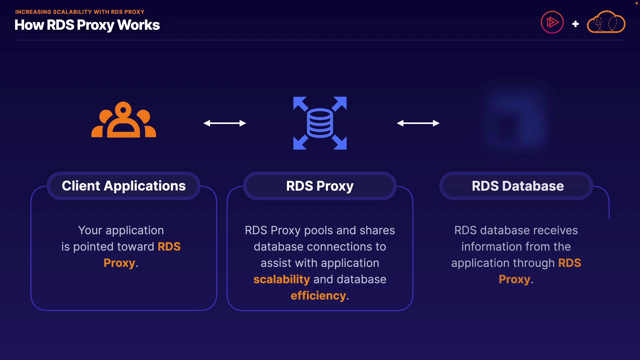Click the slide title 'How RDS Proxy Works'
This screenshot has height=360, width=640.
point(87,25)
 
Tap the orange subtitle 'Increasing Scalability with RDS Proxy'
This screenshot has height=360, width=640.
point(80,12)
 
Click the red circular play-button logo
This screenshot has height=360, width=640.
point(552,23)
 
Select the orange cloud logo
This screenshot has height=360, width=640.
point(606,23)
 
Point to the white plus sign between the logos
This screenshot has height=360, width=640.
point(575,24)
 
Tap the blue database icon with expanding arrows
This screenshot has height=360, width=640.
point(320,123)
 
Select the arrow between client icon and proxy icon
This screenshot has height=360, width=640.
point(225,123)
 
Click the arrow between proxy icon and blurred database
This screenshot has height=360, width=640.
point(418,123)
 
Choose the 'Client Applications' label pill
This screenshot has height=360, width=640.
point(124,186)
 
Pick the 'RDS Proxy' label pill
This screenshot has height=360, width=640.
point(320,186)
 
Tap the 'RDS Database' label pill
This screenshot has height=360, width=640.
point(518,186)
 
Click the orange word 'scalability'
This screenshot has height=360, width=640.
point(282,279)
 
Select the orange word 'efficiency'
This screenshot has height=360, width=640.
point(318,296)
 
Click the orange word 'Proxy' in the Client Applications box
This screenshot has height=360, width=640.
point(119,263)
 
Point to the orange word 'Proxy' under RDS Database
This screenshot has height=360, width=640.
point(514,279)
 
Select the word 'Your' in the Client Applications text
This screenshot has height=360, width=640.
point(90,230)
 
